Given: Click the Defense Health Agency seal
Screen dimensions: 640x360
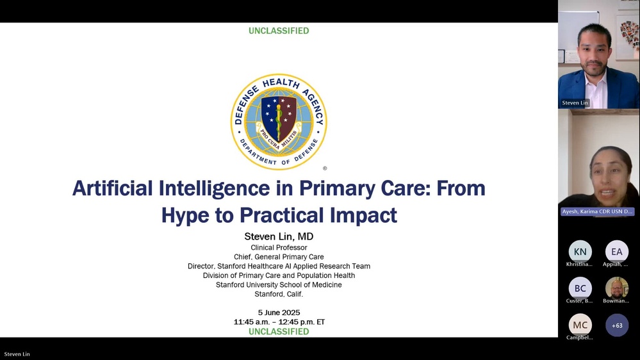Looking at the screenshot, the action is click(279, 122).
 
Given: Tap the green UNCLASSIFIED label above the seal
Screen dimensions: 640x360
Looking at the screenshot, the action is click(279, 31).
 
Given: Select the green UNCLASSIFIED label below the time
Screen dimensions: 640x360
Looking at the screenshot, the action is click(279, 331).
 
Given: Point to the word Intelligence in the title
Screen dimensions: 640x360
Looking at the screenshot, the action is click(214, 188).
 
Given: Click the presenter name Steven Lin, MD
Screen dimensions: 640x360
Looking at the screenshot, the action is click(279, 236).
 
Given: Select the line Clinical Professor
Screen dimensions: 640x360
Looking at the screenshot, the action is click(279, 247).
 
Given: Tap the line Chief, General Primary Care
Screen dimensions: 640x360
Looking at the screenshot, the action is click(279, 257).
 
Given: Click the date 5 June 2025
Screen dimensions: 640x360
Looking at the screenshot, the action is click(279, 313).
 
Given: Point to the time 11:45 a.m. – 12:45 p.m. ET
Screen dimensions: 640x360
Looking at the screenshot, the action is click(279, 322).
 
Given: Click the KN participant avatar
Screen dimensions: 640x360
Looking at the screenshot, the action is click(580, 252).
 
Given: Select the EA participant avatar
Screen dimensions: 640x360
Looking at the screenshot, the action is click(617, 252).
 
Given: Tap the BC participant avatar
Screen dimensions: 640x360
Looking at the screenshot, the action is click(580, 288).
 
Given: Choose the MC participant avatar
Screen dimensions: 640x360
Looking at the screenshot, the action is click(580, 325).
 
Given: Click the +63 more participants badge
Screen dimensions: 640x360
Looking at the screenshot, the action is click(617, 325).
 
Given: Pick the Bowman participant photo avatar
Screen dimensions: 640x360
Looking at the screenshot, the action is click(617, 288).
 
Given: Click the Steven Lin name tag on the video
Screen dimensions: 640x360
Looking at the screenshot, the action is click(575, 103).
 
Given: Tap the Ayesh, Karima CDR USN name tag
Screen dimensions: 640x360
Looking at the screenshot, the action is click(597, 211).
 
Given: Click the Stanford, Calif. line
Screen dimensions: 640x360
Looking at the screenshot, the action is click(279, 294).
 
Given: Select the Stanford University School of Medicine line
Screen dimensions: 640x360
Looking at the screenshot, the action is click(279, 284).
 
